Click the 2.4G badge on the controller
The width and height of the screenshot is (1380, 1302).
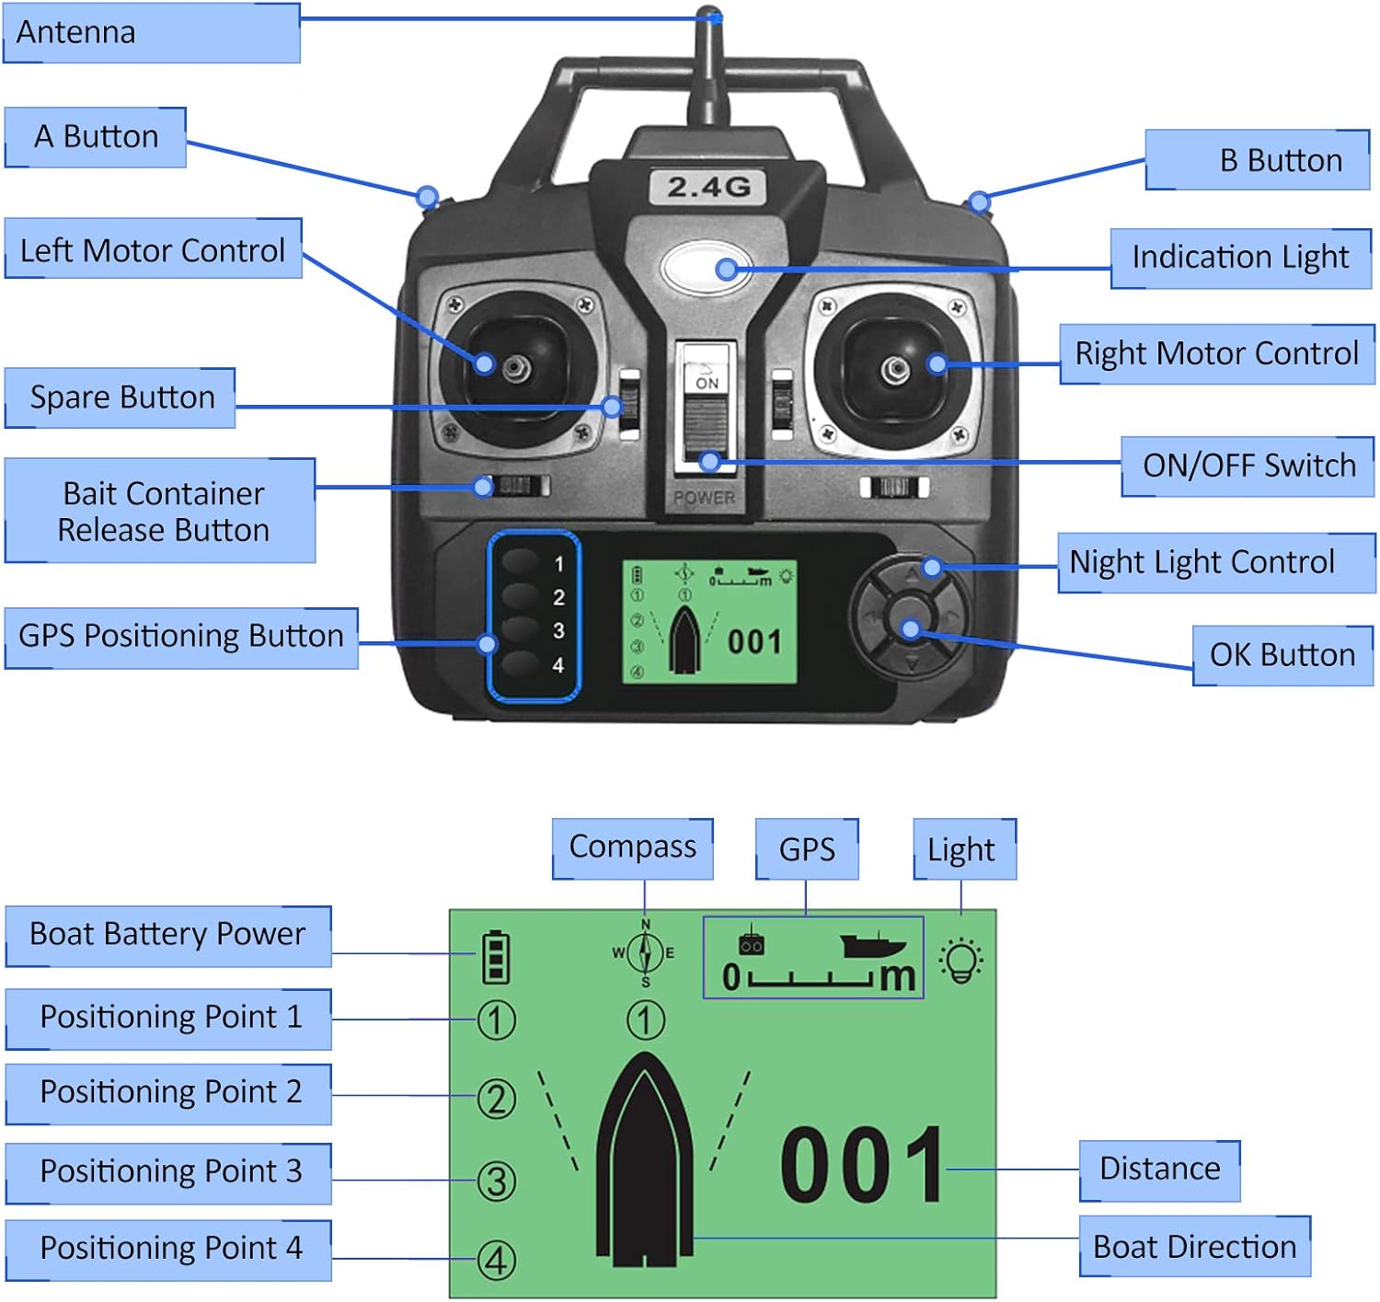click(x=708, y=188)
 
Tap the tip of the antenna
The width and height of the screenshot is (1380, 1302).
click(x=708, y=15)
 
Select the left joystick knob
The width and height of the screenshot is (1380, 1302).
click(x=514, y=367)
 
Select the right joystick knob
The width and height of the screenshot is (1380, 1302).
click(x=895, y=370)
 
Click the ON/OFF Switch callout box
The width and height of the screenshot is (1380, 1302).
click(x=1248, y=467)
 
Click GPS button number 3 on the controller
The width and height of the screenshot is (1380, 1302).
click(x=521, y=630)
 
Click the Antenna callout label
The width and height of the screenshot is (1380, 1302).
click(x=152, y=33)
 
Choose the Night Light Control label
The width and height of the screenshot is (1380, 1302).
click(x=1215, y=562)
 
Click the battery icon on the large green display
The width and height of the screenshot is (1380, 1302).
click(x=496, y=957)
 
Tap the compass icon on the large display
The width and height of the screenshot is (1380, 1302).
click(x=645, y=953)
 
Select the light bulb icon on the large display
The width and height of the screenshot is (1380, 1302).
click(x=961, y=961)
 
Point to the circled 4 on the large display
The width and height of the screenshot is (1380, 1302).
click(x=497, y=1261)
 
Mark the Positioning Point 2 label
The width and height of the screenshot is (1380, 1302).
click(x=168, y=1093)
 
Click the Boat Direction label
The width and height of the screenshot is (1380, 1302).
click(x=1194, y=1247)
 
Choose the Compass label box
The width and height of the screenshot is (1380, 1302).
click(x=633, y=847)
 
